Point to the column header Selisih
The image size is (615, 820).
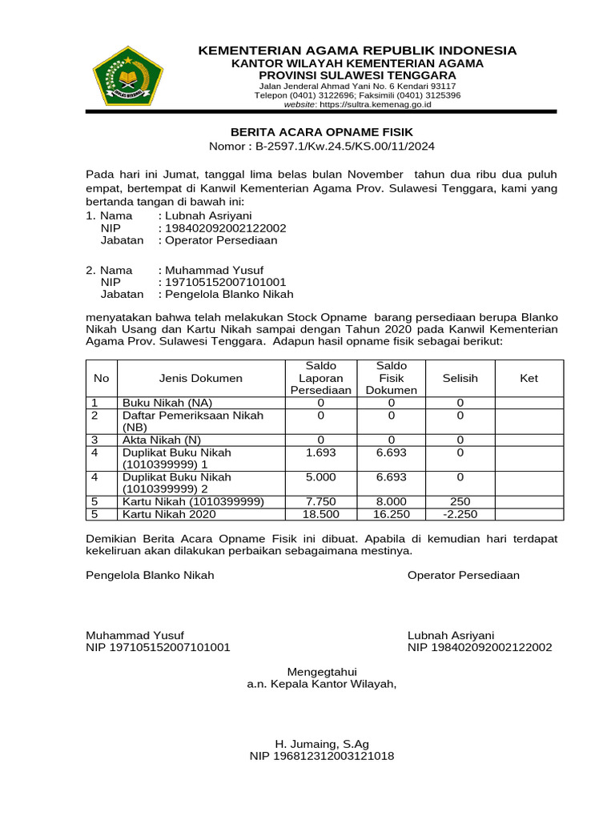point(460,378)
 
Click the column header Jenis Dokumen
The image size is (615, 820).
point(201,378)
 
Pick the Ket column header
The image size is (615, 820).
point(529,378)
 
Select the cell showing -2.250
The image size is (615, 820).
point(460,514)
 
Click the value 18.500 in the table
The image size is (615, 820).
point(320,514)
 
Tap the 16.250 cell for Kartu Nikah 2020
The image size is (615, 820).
point(392,514)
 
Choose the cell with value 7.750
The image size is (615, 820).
point(320,501)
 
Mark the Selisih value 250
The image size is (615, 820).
point(460,501)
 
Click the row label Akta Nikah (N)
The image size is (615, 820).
point(161,440)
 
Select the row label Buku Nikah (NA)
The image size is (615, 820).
point(167,403)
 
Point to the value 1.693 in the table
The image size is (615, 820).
point(320,452)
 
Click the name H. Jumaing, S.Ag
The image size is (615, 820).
point(322,743)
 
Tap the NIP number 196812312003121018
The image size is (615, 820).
point(322,756)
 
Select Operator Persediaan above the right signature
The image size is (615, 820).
point(463,575)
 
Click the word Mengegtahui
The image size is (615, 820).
point(322,671)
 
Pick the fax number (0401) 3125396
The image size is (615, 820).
point(429,95)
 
